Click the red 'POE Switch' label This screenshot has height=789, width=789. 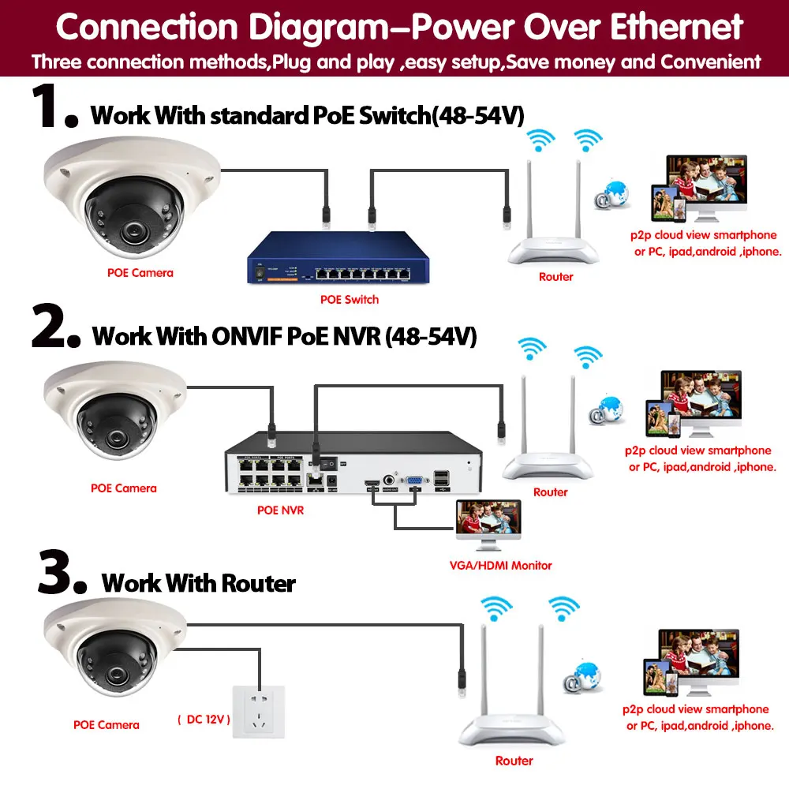pyautogui.click(x=349, y=300)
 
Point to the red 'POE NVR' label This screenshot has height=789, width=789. pyautogui.click(x=280, y=510)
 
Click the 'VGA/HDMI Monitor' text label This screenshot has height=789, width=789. pyautogui.click(x=499, y=565)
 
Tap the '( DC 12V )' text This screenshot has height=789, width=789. pyautogui.click(x=204, y=720)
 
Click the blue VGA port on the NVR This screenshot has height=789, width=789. pyautogui.click(x=411, y=481)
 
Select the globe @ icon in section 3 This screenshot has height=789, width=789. pyautogui.click(x=582, y=676)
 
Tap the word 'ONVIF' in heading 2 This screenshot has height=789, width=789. pyautogui.click(x=251, y=337)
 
